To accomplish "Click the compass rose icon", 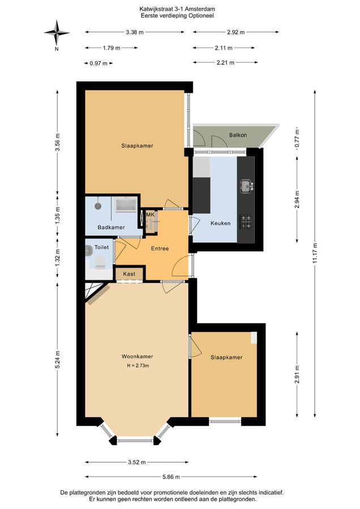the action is point(57,33).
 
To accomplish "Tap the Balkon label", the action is point(238,135).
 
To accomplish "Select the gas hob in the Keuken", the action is point(246,222).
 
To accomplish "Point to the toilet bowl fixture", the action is point(100,262).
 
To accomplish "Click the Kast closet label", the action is point(129,274).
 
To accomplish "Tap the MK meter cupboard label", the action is point(150,214).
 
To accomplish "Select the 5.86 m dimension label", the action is point(171,477).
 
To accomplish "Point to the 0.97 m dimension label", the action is point(98,63).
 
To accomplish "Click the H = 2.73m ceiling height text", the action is point(138,365).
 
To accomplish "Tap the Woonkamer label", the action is point(137,356).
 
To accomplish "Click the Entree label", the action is point(160,249).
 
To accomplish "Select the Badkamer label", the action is point(111,227).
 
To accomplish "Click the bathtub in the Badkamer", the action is point(126,205).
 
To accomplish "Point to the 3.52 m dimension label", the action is point(137,462).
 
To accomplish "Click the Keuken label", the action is point(220,223).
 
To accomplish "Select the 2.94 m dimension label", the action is point(297,200).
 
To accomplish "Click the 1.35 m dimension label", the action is point(58,214).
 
